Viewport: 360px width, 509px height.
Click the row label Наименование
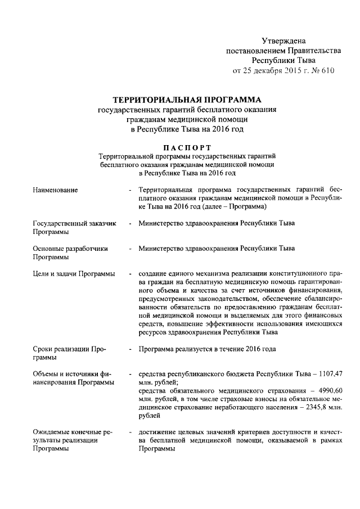point(56,190)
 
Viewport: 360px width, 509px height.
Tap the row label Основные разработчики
point(70,247)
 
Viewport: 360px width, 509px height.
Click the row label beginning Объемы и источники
point(72,374)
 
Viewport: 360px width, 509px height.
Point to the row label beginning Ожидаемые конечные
point(72,432)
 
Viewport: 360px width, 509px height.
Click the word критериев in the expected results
point(244,432)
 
